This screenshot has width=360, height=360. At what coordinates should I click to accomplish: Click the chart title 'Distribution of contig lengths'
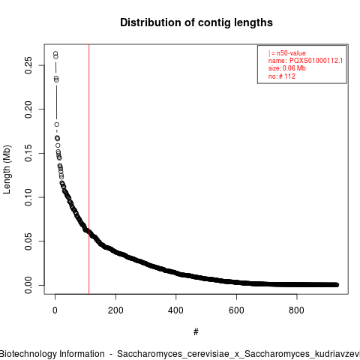196,22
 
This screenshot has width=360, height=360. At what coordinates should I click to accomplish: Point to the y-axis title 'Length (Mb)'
7,169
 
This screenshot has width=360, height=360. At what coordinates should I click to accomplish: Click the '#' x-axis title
196,331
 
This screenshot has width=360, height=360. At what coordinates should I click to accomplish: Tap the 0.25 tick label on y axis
28,65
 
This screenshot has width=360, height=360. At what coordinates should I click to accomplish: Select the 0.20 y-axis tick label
28,109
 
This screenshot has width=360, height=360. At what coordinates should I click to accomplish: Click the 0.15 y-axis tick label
28,153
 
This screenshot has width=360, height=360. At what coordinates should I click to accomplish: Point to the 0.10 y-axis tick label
28,197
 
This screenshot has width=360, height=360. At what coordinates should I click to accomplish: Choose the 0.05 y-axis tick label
28,241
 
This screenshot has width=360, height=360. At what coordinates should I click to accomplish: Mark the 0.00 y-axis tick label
28,285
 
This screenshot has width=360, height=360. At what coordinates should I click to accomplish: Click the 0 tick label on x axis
55,310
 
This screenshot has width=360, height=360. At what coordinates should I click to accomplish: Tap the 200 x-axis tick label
115,310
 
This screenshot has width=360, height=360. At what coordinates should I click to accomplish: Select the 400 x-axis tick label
175,310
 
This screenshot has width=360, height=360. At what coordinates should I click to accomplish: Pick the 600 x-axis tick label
236,310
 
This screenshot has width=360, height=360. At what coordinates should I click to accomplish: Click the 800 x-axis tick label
296,310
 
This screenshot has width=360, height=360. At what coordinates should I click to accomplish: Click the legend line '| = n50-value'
286,53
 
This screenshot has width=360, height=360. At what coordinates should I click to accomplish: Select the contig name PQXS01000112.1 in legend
316,61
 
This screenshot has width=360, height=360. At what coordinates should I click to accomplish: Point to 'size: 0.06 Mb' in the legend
286,68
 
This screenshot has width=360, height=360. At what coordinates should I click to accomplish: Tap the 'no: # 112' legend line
282,76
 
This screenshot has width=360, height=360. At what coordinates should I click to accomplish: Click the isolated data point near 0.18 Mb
57,124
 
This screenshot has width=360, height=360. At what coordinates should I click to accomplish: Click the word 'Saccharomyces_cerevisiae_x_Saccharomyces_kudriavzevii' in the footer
238,354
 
